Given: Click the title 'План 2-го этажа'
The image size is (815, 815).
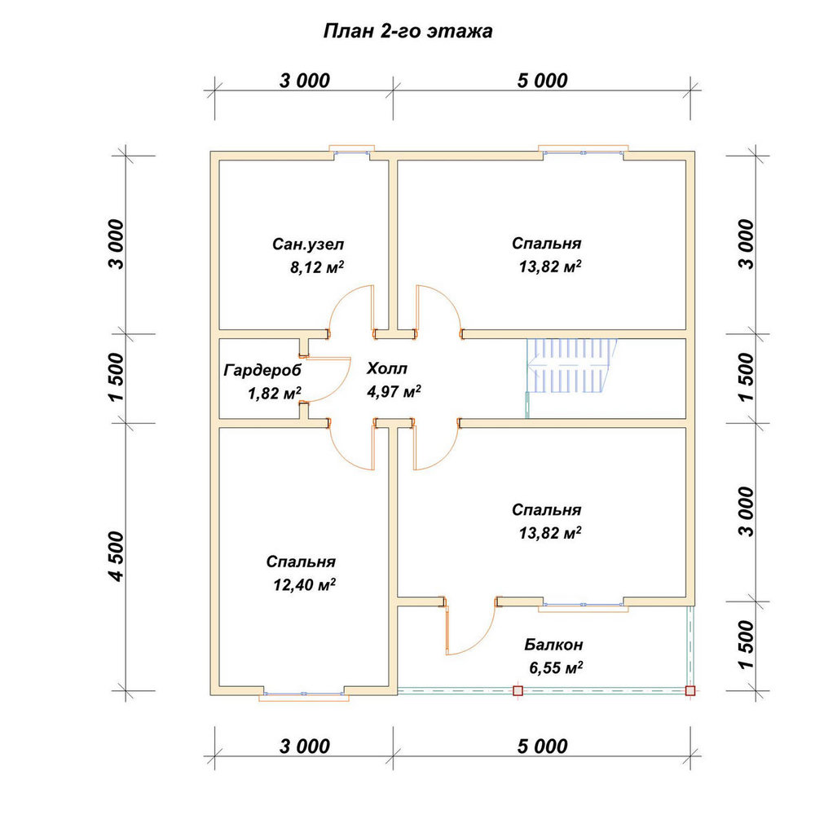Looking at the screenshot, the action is point(408,32).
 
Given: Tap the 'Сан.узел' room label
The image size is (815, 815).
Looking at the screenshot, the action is point(308,244).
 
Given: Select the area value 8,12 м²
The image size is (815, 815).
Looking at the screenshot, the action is point(316,267).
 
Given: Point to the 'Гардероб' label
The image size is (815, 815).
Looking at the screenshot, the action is point(262,371).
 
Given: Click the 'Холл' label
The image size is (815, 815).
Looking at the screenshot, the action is point(386,369).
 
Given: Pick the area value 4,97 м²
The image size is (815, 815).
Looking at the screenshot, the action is point(394,391).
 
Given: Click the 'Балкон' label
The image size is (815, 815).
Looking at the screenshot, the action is point(553,645).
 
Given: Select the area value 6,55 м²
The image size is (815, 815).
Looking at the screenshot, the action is point(556,667).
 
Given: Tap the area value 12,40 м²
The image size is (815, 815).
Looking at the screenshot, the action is point(304,584).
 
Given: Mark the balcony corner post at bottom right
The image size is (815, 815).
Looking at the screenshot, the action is point(689,691).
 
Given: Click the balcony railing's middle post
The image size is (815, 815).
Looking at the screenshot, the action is point(518,691).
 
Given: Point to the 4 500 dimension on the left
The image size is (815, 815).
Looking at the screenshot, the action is point(117,556).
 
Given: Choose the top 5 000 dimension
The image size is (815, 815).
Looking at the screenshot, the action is point(542,81).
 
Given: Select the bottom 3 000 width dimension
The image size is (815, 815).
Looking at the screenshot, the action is point(305,747).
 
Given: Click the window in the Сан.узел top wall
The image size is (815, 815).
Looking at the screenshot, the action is point(352,152).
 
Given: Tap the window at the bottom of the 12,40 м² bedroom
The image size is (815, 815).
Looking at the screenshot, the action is point(304,694).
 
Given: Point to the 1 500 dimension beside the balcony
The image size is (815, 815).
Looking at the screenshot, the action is point(745,645).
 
